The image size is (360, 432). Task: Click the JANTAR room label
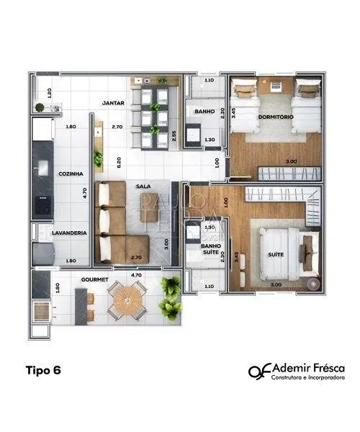(113, 103)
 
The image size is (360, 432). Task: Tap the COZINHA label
(70, 174)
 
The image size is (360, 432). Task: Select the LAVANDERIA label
(70, 233)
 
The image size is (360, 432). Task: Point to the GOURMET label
(95, 279)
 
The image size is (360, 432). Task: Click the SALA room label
(143, 186)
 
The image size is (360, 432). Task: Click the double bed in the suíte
(284, 253)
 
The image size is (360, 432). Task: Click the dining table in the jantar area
(155, 119)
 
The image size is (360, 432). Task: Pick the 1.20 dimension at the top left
(49, 92)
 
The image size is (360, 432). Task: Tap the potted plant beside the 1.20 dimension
(40, 108)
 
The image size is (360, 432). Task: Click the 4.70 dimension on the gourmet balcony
(135, 275)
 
